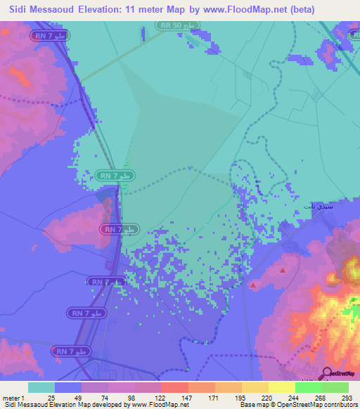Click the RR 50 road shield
pos(178,25)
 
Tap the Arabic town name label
pos(313,207)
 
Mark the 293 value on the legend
pos(347,398)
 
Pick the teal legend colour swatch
pos(41,387)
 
